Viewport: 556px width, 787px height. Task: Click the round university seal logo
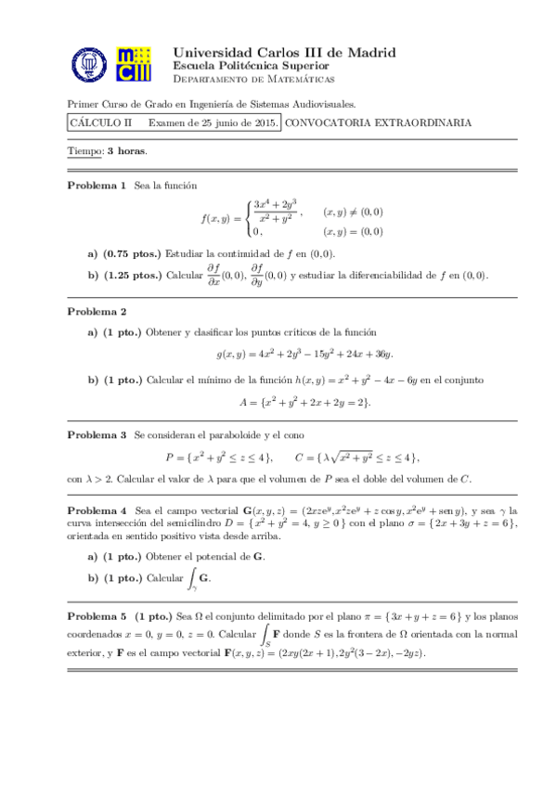coord(91,66)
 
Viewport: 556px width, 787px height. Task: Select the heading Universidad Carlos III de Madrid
coord(284,53)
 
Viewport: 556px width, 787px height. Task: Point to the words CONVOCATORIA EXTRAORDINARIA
coord(378,123)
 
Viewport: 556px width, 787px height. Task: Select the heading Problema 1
coord(97,187)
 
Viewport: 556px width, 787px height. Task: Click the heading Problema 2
coord(97,311)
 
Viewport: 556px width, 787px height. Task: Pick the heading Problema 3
coord(97,434)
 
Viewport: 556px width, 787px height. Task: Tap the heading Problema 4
coord(97,511)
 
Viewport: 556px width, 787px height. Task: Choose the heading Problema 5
coord(97,616)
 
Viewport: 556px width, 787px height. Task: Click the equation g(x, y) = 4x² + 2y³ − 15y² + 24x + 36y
coord(304,354)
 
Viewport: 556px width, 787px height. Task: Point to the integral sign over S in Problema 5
coord(265,635)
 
